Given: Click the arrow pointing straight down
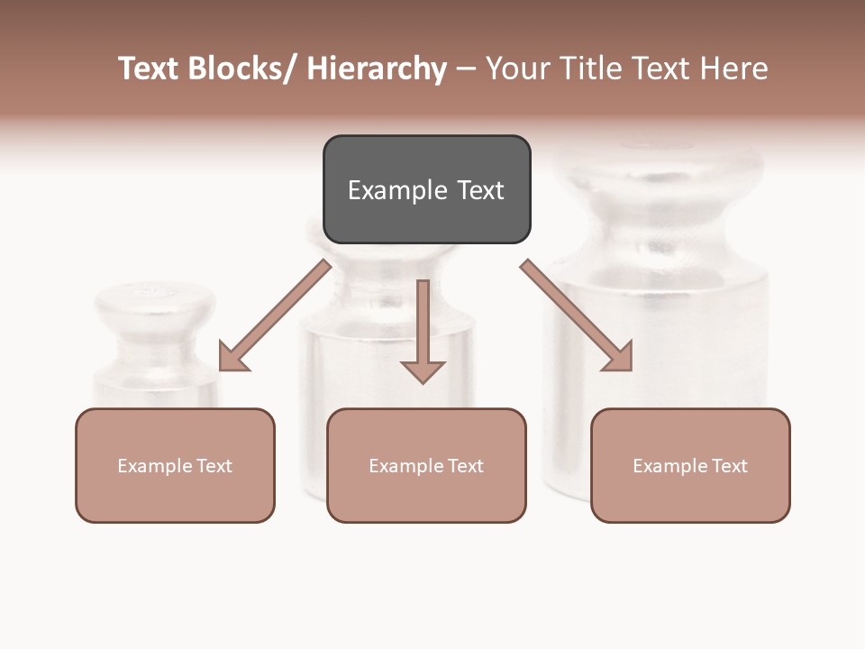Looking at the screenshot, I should point(423,329).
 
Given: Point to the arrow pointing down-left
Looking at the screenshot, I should point(275,315).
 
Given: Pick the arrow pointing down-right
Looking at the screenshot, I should point(577,315).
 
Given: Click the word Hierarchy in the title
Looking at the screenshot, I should point(376,69).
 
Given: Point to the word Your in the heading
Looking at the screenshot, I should point(517,69).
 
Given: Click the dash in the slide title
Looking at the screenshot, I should point(466,69).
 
